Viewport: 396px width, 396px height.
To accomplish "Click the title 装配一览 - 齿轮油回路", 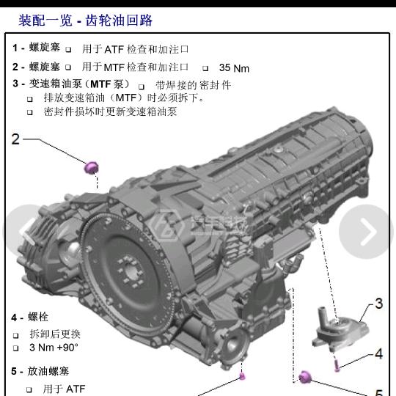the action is [x=85, y=21].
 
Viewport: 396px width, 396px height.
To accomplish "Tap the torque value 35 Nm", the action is [x=234, y=68].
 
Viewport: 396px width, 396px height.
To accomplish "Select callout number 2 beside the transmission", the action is [x=15, y=139].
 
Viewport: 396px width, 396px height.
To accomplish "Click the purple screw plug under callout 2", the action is [x=91, y=167].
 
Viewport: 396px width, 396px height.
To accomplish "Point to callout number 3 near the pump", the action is [x=379, y=304].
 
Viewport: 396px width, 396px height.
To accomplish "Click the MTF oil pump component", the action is [x=338, y=329].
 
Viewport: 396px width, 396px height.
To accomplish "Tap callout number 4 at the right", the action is [x=379, y=353].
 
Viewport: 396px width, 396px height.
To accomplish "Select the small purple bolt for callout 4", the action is [x=337, y=366].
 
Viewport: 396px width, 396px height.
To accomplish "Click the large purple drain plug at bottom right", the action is [x=305, y=378].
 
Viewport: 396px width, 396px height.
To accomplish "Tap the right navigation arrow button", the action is [x=366, y=232].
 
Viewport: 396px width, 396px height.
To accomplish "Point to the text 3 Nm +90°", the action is [x=54, y=348].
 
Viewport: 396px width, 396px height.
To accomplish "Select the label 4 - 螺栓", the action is [x=29, y=318].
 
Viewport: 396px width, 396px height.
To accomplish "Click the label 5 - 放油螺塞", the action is [x=40, y=371].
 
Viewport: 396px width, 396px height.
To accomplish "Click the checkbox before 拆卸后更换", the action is [x=16, y=335].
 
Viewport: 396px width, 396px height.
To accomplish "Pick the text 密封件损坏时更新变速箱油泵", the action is [x=110, y=111].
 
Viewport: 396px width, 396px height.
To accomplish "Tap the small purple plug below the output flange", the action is [x=242, y=376].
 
